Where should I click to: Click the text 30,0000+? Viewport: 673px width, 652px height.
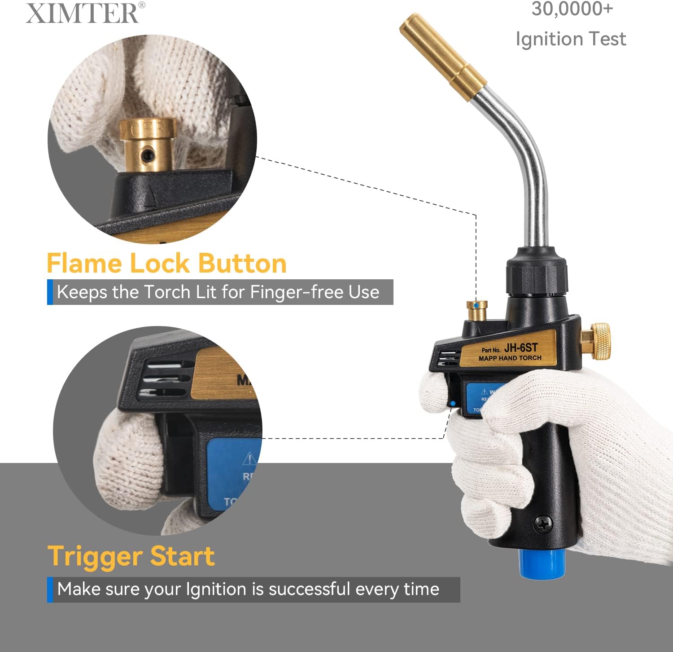pyautogui.click(x=572, y=9)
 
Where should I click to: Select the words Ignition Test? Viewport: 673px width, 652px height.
pyautogui.click(x=570, y=39)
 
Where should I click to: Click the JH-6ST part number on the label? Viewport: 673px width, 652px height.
pyautogui.click(x=520, y=348)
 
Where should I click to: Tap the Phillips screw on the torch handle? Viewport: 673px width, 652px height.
pyautogui.click(x=543, y=524)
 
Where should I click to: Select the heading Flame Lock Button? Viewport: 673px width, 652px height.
pyautogui.click(x=166, y=263)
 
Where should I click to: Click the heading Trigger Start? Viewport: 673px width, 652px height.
pyautogui.click(x=131, y=556)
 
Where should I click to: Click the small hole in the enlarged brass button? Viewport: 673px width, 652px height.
pyautogui.click(x=147, y=156)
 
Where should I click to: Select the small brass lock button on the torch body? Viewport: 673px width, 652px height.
pyautogui.click(x=476, y=311)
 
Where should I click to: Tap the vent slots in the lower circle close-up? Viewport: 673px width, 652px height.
pyautogui.click(x=165, y=379)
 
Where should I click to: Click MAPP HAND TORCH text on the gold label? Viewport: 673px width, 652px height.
pyautogui.click(x=510, y=358)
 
